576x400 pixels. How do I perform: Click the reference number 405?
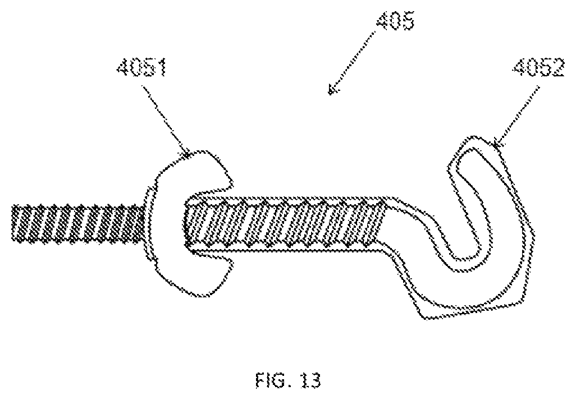(x=395, y=21)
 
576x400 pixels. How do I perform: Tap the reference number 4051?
(x=142, y=68)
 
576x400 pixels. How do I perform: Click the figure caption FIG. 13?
(x=288, y=380)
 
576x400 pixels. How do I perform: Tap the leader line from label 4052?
(x=517, y=116)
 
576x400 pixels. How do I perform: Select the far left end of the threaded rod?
(x=12, y=223)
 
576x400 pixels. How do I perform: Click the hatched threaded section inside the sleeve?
(x=285, y=223)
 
